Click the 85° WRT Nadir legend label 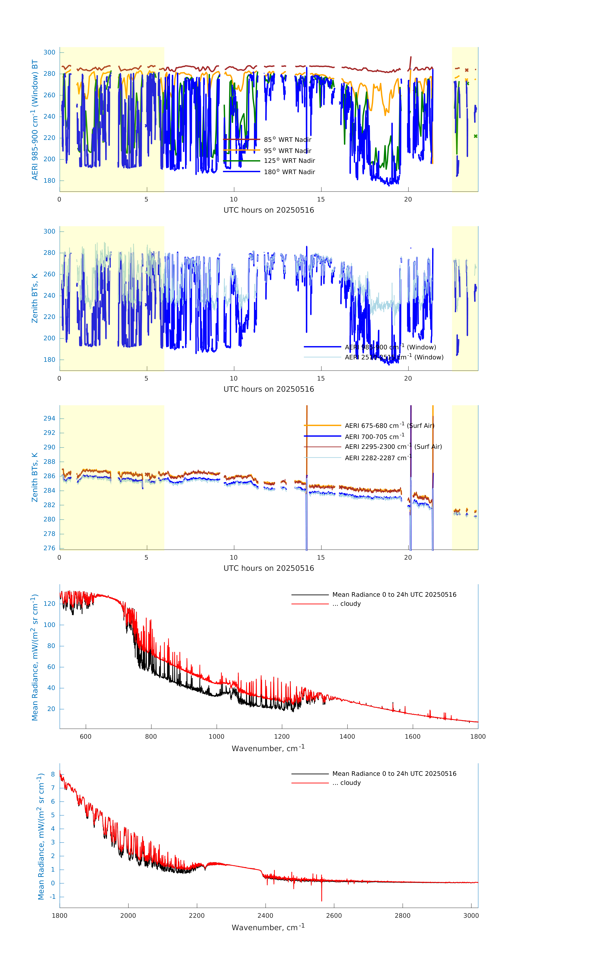[x=288, y=140]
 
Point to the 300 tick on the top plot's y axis [x=50, y=52]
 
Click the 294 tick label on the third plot [x=50, y=418]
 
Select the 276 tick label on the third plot [x=50, y=548]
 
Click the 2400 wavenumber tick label [x=265, y=915]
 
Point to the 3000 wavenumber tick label [x=471, y=915]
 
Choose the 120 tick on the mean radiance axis [x=50, y=604]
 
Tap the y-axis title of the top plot [x=35, y=120]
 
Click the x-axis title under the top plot [x=269, y=210]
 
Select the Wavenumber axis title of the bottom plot [x=268, y=927]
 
